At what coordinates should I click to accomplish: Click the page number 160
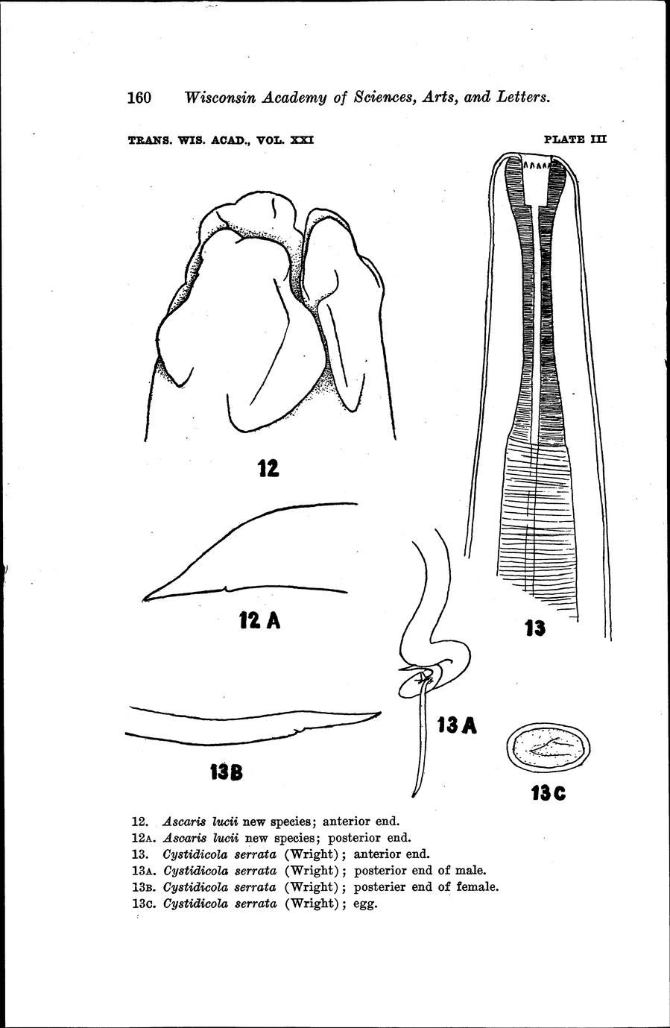click(x=139, y=98)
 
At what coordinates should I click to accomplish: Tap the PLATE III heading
click(x=575, y=139)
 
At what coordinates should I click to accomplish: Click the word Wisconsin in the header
click(x=219, y=98)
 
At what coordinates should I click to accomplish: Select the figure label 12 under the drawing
click(x=268, y=468)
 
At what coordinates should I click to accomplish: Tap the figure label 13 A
click(x=457, y=725)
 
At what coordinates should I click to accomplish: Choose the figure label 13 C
click(x=549, y=792)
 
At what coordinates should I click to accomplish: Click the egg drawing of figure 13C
click(x=549, y=749)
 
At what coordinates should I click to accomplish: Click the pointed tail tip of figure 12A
click(x=144, y=599)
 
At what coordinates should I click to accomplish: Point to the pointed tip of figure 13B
click(x=380, y=713)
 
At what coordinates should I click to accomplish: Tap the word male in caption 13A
click(x=470, y=870)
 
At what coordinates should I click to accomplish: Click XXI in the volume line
click(x=302, y=140)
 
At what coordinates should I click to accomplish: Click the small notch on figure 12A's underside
click(x=225, y=587)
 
